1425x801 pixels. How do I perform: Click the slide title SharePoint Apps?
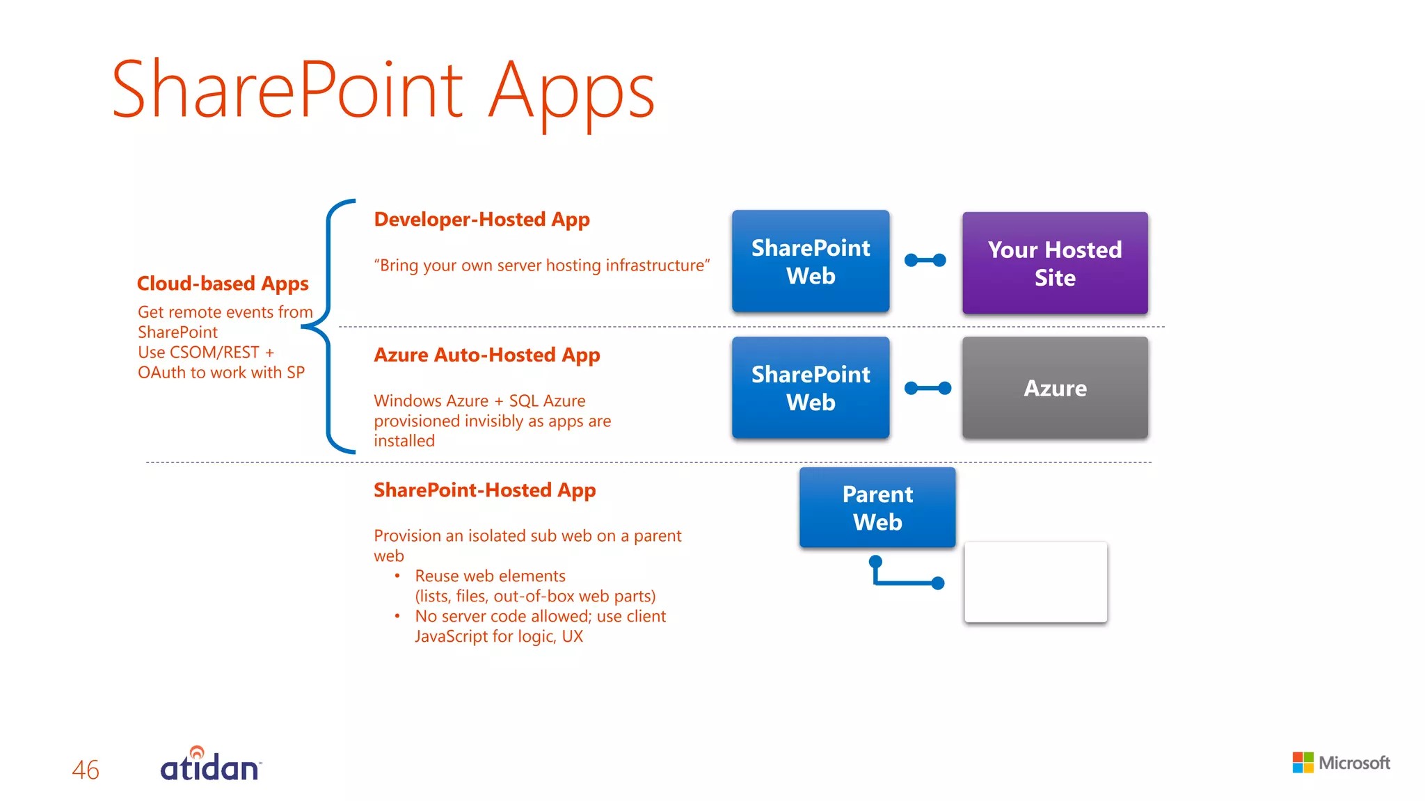tap(383, 90)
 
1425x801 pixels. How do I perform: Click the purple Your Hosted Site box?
tap(1055, 263)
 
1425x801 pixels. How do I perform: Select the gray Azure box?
tap(1055, 388)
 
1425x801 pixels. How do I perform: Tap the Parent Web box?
tap(877, 508)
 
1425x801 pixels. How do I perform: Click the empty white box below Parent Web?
tap(1035, 582)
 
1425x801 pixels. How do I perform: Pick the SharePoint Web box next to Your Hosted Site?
tap(811, 261)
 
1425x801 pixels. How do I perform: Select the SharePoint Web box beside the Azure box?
tap(811, 388)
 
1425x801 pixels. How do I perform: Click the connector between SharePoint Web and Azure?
tap(928, 388)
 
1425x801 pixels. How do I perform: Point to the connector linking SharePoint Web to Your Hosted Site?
tap(925, 260)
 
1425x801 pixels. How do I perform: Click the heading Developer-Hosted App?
tap(481, 220)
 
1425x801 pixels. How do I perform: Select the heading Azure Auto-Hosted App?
tap(486, 355)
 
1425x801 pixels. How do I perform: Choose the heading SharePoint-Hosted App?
tap(484, 490)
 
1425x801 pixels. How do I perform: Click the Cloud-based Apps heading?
tap(223, 284)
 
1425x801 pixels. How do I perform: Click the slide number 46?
tap(86, 770)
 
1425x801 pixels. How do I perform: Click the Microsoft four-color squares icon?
tap(1303, 763)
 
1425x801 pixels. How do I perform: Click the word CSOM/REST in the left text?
tap(214, 353)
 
